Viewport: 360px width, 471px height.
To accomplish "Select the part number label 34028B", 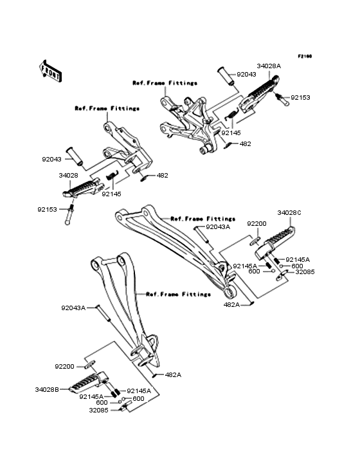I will click(x=47, y=389).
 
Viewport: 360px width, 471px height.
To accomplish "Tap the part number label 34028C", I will click(x=289, y=212).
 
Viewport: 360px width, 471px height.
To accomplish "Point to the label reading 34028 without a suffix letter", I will click(x=69, y=175).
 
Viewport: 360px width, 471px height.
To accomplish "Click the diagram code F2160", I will click(x=305, y=56).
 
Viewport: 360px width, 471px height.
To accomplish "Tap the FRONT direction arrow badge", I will click(x=51, y=71).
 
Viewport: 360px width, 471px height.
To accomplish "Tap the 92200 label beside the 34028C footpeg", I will click(x=257, y=223).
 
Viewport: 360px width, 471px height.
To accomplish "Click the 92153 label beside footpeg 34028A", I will click(x=300, y=98).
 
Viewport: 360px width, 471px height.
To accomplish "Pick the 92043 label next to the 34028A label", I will click(x=246, y=75).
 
